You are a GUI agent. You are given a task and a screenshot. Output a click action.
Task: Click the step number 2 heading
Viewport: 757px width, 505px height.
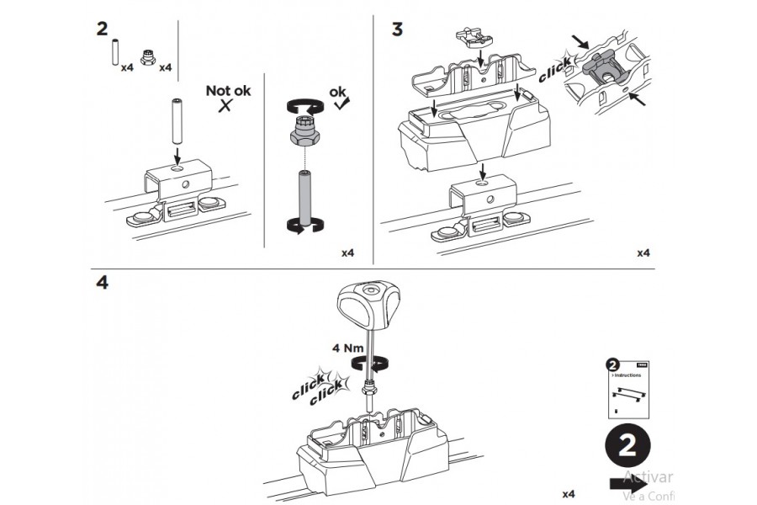tap(102, 29)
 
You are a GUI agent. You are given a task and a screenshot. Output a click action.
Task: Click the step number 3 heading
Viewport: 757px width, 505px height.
tap(398, 29)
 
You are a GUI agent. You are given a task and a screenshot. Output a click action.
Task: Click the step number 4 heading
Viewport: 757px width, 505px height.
tap(102, 283)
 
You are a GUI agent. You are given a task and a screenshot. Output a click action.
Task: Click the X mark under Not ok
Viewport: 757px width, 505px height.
tap(225, 106)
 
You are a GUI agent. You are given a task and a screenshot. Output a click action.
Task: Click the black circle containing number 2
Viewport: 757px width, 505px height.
tap(627, 447)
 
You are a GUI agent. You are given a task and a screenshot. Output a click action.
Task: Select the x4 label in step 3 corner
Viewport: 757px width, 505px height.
tap(643, 252)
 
